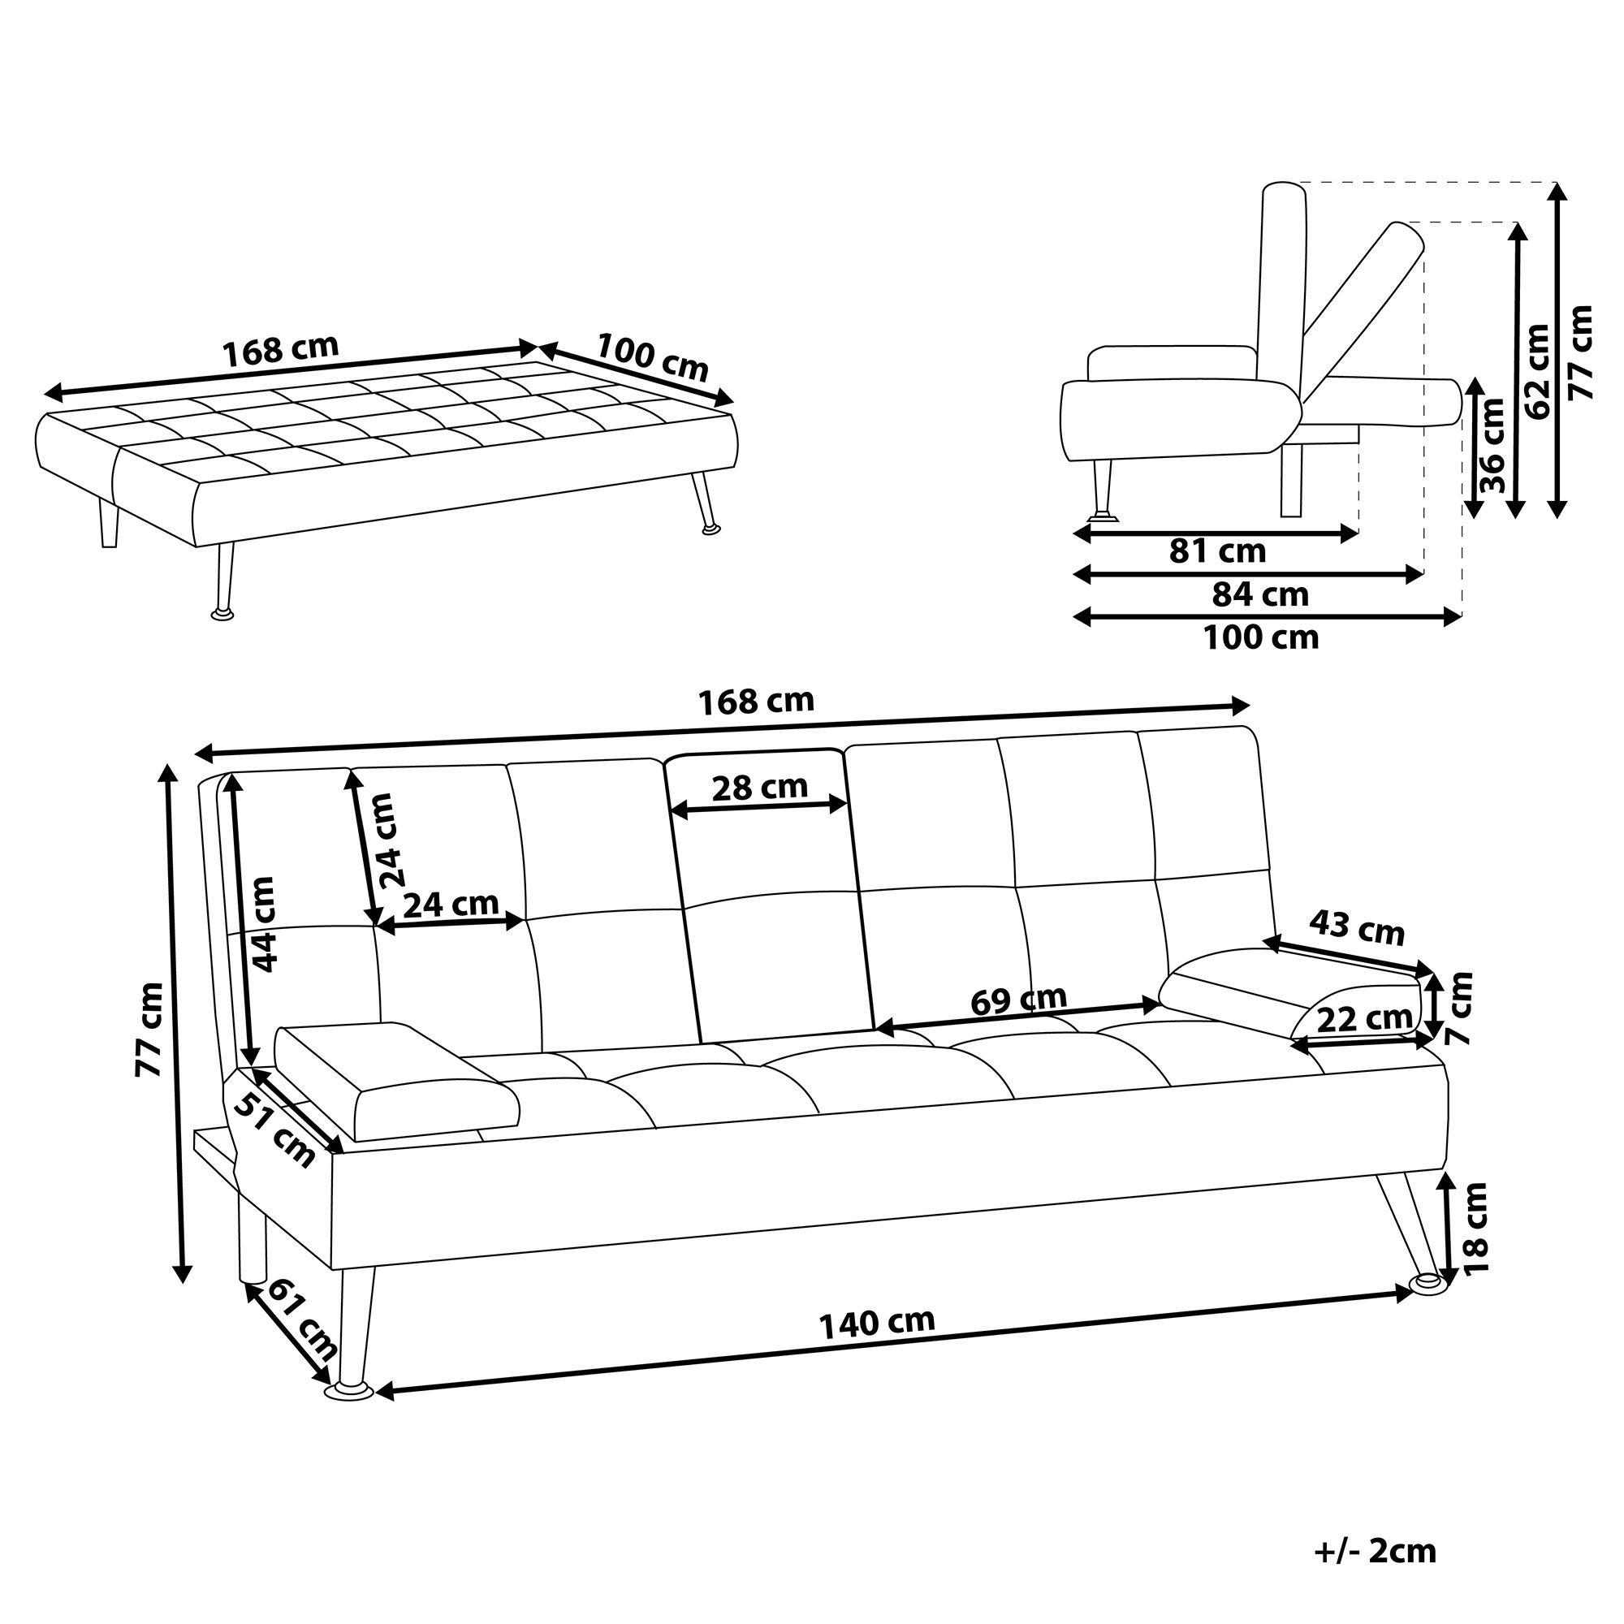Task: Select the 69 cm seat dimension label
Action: click(x=1018, y=999)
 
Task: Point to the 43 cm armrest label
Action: click(x=1357, y=928)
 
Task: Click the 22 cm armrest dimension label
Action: click(x=1364, y=1020)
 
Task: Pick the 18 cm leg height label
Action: click(x=1476, y=1227)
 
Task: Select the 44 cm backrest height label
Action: click(x=263, y=925)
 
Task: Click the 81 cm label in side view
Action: click(x=1217, y=551)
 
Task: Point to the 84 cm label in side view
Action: click(x=1260, y=594)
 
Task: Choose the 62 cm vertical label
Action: click(x=1536, y=372)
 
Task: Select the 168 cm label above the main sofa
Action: click(x=756, y=701)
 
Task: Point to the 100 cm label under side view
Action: click(x=1261, y=638)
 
